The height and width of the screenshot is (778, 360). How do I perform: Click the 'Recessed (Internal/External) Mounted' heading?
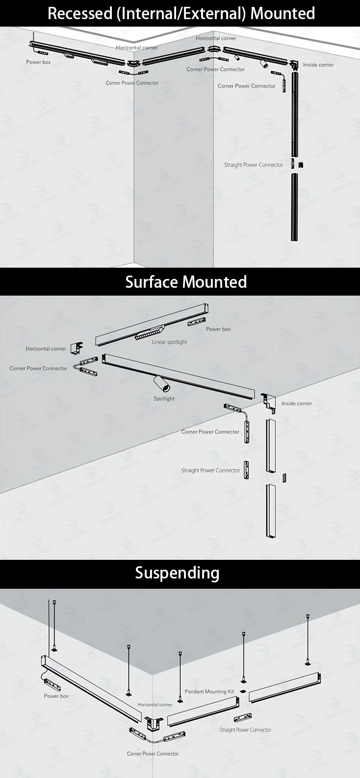(181, 13)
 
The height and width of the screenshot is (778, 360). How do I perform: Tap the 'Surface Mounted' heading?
(186, 282)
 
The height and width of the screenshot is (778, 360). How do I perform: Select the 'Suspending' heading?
(177, 573)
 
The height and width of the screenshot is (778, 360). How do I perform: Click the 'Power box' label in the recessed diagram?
(38, 62)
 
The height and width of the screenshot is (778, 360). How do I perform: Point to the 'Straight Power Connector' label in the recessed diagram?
(254, 165)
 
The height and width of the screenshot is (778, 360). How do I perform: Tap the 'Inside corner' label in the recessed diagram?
(318, 65)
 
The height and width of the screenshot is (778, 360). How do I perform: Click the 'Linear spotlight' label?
(169, 342)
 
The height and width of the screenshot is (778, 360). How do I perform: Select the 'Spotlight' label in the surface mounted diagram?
(164, 399)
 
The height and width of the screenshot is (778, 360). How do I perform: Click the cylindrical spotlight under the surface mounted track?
(160, 382)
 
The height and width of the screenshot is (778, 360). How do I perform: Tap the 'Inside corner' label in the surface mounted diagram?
(297, 403)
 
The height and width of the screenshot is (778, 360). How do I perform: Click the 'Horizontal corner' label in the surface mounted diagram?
(46, 349)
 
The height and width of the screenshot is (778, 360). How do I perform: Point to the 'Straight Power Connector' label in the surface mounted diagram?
(210, 470)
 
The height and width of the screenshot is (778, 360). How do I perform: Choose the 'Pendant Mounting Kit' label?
(209, 692)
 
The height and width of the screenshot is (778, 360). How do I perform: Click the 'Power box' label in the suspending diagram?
(56, 696)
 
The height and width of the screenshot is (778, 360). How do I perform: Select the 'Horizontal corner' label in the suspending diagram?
(155, 704)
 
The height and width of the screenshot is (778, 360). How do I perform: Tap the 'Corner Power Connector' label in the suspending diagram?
(153, 753)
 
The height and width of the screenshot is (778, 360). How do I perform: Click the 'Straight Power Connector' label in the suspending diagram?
(245, 729)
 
